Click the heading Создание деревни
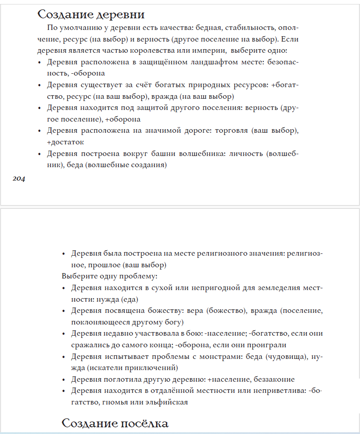tap(91, 14)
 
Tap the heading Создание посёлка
tap(114, 423)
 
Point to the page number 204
tap(19, 179)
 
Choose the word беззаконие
tap(274, 379)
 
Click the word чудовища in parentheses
tap(275, 356)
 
